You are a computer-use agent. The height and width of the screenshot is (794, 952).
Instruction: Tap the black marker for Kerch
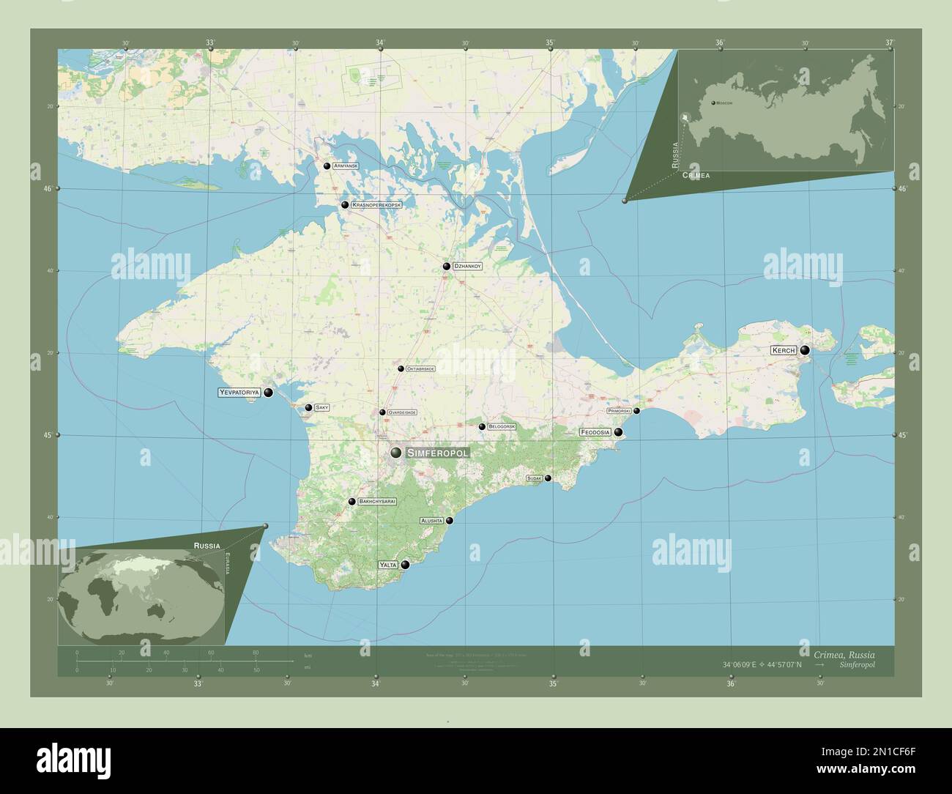805,351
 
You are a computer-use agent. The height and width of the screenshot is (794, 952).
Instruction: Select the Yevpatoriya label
239,393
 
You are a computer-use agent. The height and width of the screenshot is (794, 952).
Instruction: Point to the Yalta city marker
405,565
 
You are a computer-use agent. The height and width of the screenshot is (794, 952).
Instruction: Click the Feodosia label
595,432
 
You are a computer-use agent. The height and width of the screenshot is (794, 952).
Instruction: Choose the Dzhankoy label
467,267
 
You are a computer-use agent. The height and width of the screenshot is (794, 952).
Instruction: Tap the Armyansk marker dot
327,166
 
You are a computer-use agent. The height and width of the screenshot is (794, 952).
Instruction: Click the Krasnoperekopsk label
376,205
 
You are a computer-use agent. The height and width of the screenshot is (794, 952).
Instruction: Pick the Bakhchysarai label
377,502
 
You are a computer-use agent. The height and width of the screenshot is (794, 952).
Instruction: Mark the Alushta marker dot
450,521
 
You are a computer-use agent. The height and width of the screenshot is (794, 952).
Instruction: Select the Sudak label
534,478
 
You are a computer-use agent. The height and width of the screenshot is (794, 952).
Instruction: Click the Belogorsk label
502,426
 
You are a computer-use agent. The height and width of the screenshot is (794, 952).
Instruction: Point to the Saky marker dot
309,408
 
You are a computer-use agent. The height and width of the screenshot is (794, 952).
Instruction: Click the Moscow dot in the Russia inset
713,103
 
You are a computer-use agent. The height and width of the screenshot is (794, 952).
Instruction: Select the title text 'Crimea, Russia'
843,654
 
